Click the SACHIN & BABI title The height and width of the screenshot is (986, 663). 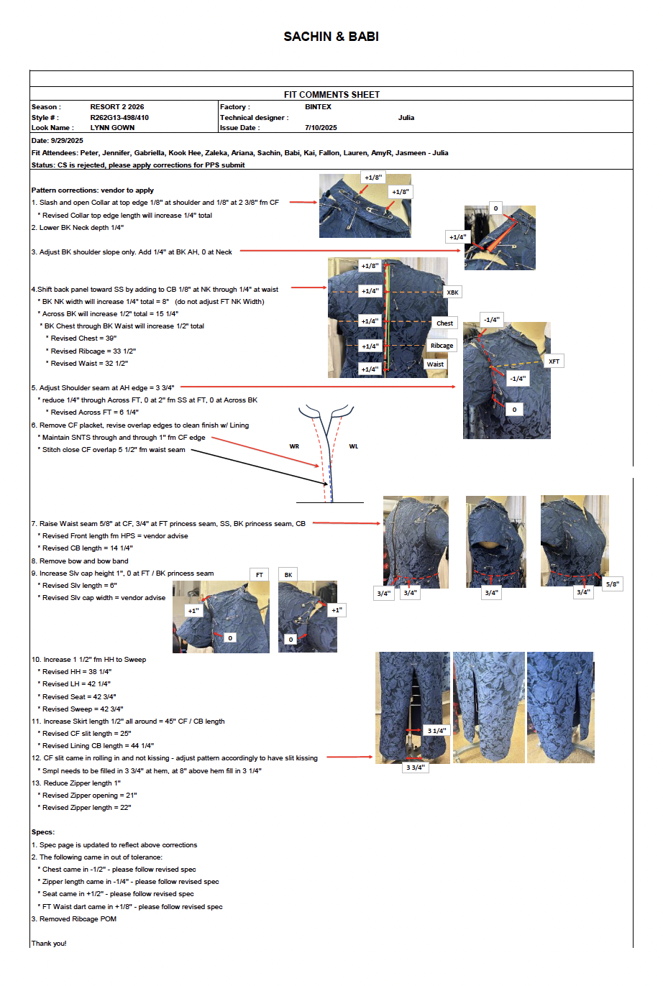click(331, 37)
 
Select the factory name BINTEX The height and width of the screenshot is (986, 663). click(318, 107)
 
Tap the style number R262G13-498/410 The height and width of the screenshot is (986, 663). click(119, 118)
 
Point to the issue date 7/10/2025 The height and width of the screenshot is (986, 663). click(321, 128)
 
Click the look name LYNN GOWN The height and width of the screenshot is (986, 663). click(112, 128)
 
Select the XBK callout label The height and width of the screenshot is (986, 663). click(452, 292)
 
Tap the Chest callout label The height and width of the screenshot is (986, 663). click(444, 323)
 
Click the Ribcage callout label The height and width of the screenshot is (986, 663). click(442, 346)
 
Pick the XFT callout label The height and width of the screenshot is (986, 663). click(554, 361)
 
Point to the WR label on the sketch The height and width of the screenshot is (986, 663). click(294, 446)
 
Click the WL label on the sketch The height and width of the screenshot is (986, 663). click(353, 446)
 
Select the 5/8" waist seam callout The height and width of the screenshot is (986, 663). click(613, 584)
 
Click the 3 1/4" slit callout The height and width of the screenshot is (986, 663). click(436, 731)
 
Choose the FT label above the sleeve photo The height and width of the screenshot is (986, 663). click(260, 575)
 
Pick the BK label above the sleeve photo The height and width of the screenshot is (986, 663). click(288, 575)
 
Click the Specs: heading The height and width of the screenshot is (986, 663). click(43, 832)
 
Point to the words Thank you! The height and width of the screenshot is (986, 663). click(49, 943)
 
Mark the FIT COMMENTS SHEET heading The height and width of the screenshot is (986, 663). click(331, 95)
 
